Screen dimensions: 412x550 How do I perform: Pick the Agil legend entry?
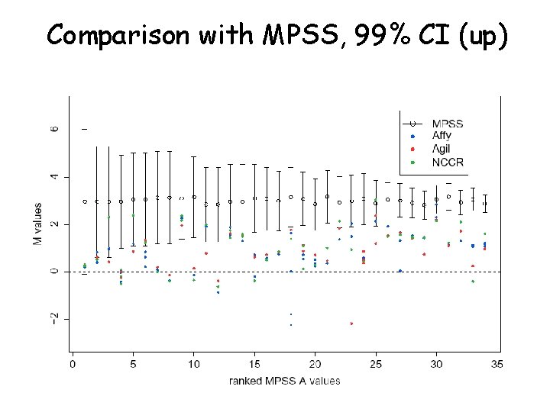click(x=442, y=149)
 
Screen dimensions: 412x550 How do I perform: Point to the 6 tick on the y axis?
click(x=53, y=130)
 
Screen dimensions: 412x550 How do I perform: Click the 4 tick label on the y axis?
click(x=53, y=177)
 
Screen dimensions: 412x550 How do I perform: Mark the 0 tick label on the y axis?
click(x=53, y=272)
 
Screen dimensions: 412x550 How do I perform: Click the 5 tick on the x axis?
click(x=133, y=365)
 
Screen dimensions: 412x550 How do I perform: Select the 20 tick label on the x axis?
click(x=315, y=365)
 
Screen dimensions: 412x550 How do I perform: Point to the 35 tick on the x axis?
click(x=497, y=365)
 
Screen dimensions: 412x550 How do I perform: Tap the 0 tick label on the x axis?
click(x=73, y=365)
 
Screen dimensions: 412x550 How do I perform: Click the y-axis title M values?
click(x=37, y=224)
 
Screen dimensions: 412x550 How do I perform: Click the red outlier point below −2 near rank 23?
click(x=351, y=323)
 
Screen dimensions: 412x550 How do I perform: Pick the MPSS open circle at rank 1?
click(x=85, y=201)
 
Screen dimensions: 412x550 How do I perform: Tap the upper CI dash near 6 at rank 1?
click(x=84, y=130)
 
